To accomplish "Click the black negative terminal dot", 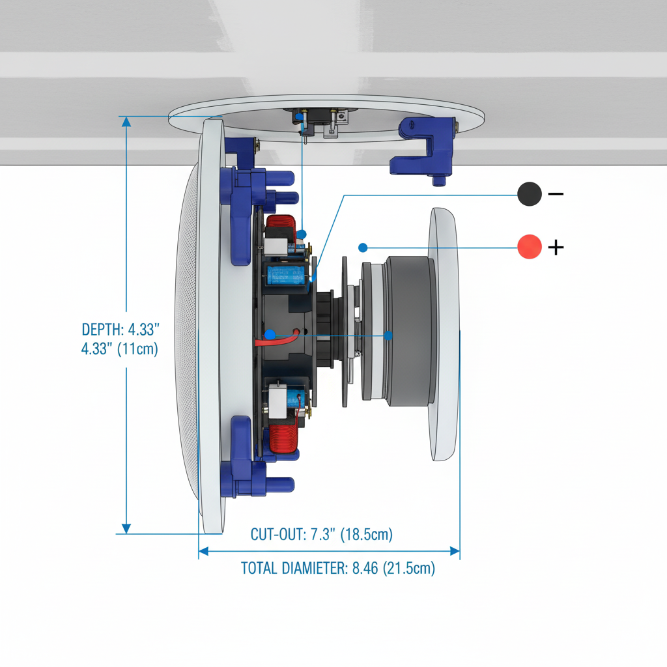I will pyautogui.click(x=530, y=194).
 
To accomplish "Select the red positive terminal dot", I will pyautogui.click(x=530, y=247).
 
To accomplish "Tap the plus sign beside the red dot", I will pyautogui.click(x=556, y=248).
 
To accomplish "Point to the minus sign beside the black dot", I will pyautogui.click(x=556, y=193).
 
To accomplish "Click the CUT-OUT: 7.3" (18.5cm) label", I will pyautogui.click(x=322, y=535).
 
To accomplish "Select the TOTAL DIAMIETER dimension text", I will pyautogui.click(x=338, y=568).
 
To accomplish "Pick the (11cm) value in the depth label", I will pyautogui.click(x=138, y=348).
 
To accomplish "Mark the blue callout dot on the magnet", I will pyautogui.click(x=388, y=335).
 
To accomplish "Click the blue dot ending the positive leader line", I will pyautogui.click(x=363, y=248).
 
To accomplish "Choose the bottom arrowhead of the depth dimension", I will pyautogui.click(x=126, y=528).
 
